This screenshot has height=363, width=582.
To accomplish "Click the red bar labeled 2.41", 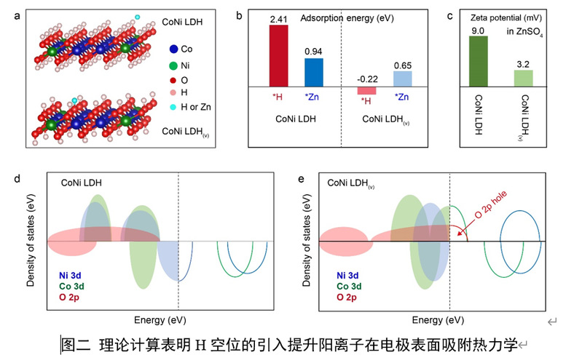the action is tap(278, 55).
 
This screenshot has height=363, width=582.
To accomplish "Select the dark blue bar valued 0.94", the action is tap(314, 72).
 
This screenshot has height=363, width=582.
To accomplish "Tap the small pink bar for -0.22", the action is tap(366, 90).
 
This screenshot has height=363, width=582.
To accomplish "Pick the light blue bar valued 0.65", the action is tap(403, 79).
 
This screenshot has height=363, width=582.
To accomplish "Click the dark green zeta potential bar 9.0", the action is tap(479, 61).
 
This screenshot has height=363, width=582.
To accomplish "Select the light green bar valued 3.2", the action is tap(523, 79).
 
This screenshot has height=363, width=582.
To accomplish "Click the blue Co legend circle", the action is tap(173, 49).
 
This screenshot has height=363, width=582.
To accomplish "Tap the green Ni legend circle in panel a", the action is tap(173, 66).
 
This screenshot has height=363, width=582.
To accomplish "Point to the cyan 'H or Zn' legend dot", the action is tap(173, 107).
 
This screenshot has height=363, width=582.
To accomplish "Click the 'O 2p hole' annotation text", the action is tap(490, 205).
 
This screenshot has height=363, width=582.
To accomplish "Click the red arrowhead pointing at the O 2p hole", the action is tap(460, 234).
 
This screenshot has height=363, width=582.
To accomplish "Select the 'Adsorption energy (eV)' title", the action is tap(347, 18).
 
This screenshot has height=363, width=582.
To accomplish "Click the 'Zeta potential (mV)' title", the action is tap(506, 17).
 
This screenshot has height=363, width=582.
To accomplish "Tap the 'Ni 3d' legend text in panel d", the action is tap(70, 276).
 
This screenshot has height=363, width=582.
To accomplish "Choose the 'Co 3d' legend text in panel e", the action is tap(349, 286).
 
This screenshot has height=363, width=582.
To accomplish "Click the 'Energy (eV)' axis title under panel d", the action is tap(160, 320).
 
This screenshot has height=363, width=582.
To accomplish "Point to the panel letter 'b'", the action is tap(240, 15).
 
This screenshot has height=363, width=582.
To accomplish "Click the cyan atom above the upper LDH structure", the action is tap(138, 17).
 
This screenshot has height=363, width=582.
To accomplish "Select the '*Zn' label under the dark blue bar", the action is tap(312, 97).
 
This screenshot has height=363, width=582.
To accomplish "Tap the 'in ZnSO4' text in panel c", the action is tap(525, 32).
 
